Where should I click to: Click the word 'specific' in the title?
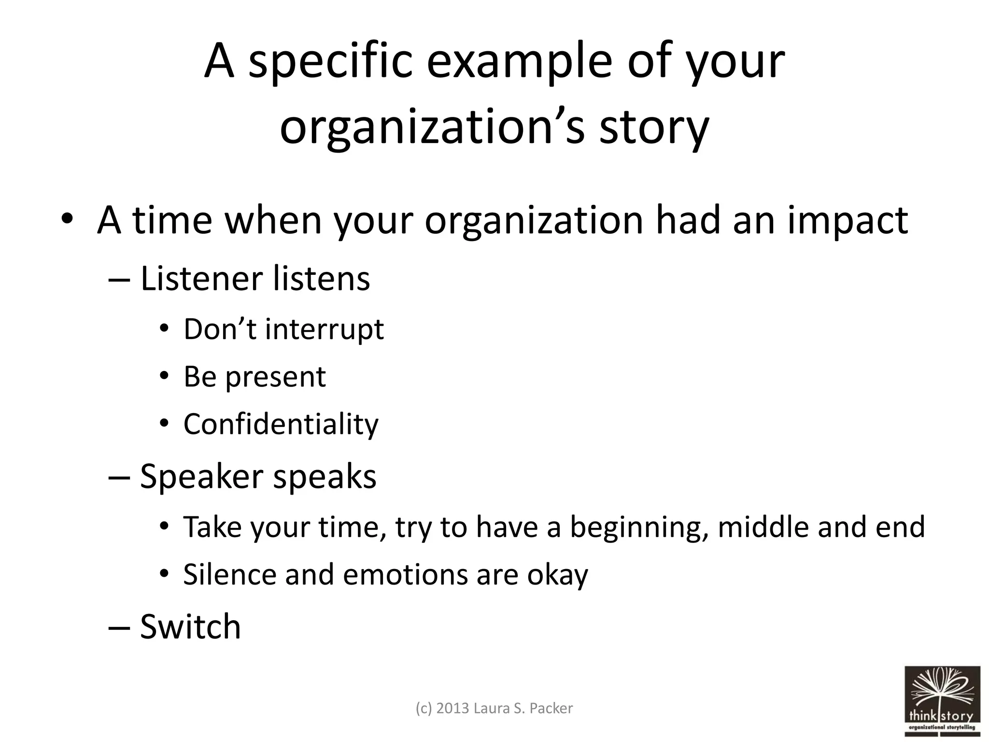point(331,61)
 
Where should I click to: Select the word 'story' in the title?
point(654,128)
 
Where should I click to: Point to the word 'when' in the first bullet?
point(273,220)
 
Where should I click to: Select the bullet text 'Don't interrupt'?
point(283,329)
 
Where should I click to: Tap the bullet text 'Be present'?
point(254,377)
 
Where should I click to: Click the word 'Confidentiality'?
point(281,424)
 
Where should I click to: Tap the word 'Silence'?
point(229,574)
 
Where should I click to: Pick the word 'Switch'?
point(190,627)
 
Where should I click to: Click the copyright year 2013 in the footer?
point(452,708)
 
